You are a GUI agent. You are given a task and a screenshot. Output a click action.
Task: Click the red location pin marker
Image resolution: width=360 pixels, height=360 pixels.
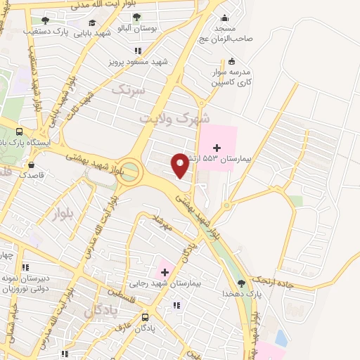(x=181, y=165)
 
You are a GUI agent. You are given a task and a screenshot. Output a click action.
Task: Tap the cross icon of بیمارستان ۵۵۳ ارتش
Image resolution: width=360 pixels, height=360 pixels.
(x=217, y=148)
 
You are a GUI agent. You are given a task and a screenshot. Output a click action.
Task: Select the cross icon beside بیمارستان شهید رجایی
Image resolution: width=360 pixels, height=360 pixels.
(x=165, y=271)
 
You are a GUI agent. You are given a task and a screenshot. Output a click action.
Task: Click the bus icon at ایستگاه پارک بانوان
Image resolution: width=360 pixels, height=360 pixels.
(x=19, y=131)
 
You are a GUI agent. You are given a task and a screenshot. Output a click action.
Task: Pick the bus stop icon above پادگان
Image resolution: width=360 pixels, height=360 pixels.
(x=145, y=317)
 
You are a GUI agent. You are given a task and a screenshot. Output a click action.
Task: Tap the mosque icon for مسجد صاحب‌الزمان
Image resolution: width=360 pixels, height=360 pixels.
(x=224, y=19)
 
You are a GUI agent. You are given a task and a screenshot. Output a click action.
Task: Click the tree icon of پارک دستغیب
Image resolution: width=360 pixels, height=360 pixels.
(x=46, y=20)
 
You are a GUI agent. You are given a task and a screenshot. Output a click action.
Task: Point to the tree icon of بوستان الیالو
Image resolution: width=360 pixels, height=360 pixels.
(x=136, y=16)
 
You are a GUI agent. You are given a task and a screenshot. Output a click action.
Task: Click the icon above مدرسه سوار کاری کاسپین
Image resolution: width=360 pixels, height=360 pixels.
(x=232, y=61)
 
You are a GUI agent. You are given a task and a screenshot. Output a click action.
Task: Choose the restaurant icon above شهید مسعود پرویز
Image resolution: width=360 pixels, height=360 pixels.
(x=138, y=51)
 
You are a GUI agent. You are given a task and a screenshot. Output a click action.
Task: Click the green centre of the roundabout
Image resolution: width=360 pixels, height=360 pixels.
(x=129, y=172)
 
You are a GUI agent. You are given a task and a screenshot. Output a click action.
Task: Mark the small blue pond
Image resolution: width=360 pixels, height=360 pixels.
(x=281, y=338)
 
